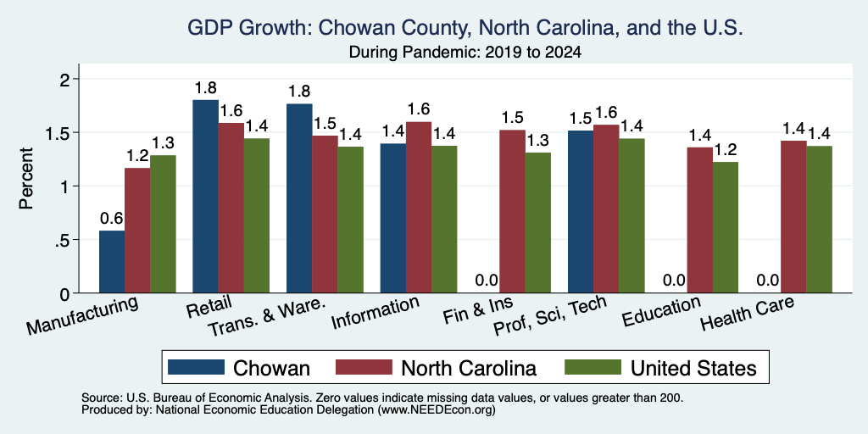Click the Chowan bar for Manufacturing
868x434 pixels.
112,262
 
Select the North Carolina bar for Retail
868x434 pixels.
231,208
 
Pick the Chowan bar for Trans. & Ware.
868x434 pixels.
299,198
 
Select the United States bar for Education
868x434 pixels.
726,227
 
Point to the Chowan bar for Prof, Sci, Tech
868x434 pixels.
581,211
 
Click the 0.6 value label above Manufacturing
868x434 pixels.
112,219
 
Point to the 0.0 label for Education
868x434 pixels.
674,281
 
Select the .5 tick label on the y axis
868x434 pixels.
64,240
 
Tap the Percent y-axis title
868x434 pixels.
26,178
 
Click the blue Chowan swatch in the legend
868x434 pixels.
196,367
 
